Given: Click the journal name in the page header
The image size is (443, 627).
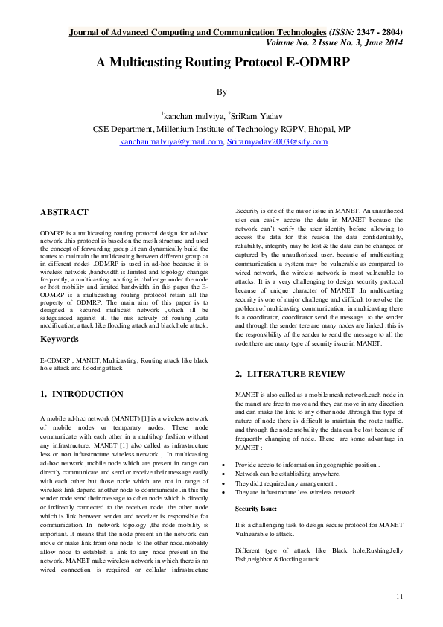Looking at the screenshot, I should coord(197,33).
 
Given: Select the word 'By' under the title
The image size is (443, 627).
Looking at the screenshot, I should coord(220,92).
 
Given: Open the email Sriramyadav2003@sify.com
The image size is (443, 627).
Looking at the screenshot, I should coord(277,141).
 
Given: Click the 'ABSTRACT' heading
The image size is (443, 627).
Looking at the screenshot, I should coord(64,213).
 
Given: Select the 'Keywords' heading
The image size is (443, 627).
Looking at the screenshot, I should coord(59,339).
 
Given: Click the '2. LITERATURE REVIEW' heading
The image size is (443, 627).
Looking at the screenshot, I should coord(290,373).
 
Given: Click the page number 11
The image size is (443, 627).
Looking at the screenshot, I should coord(399,596).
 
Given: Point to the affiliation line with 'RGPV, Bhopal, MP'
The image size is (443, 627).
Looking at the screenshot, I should coord(221,129).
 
